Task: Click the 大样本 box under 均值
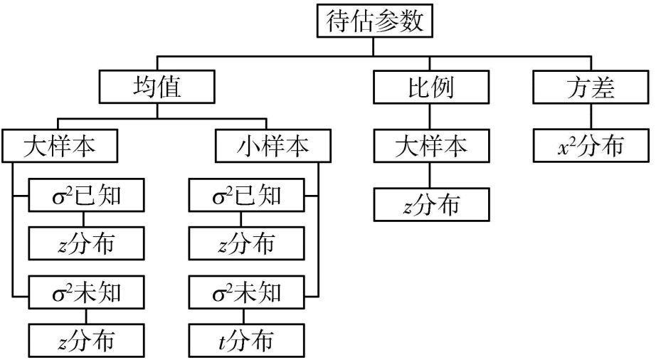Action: point(60,147)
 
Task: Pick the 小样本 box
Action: point(273,147)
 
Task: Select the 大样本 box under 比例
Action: point(431,147)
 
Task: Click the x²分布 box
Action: point(590,147)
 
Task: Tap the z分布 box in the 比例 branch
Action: point(431,206)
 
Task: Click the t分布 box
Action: point(246,341)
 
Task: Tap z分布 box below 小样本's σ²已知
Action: point(246,244)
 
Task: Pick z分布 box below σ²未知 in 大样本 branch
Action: point(88,341)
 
